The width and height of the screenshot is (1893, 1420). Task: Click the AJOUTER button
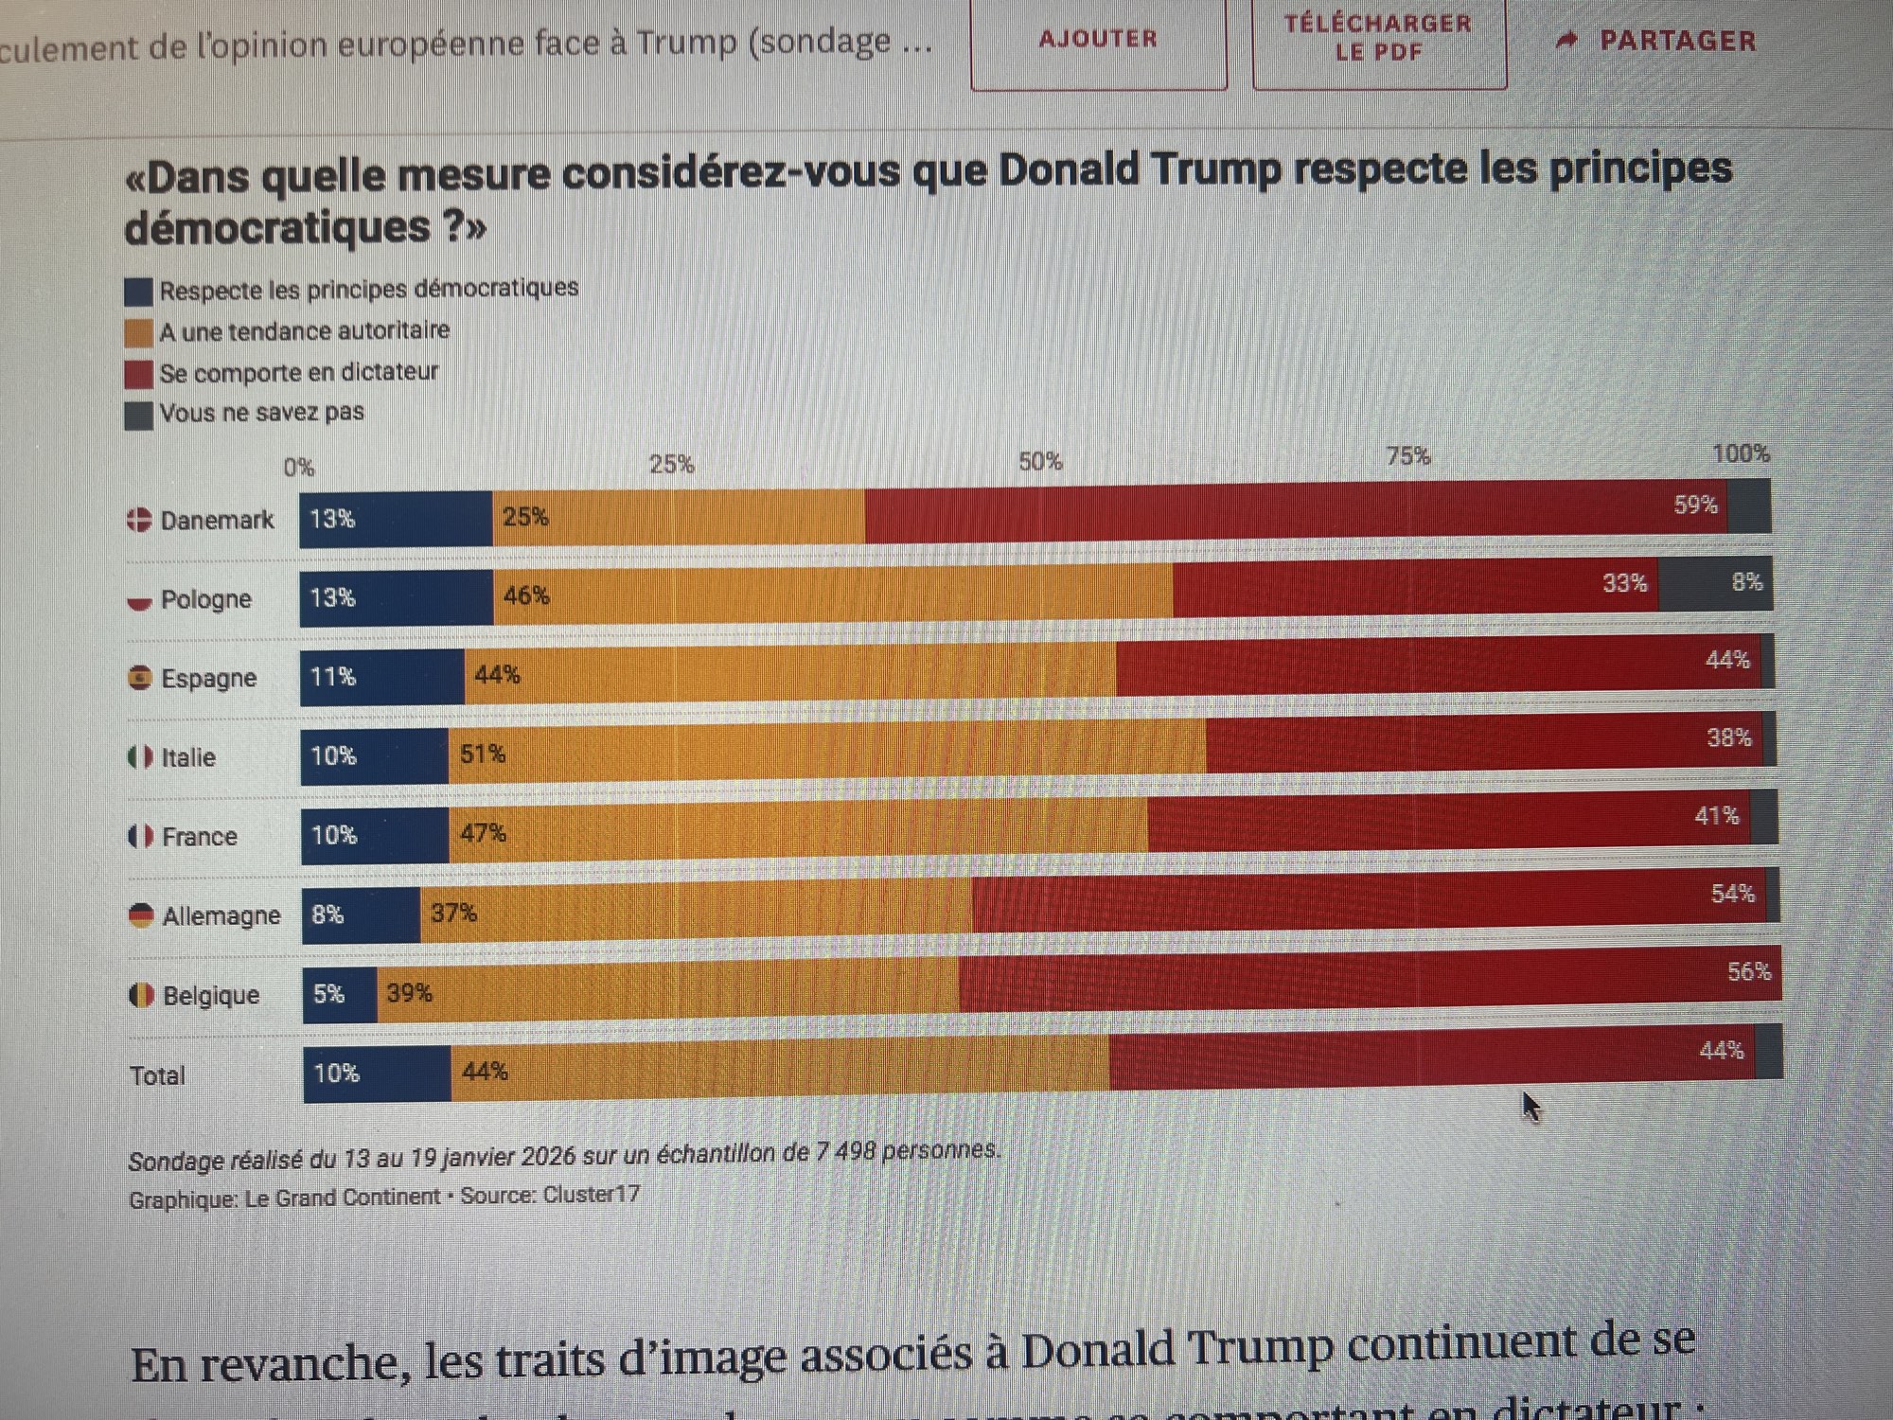[1098, 40]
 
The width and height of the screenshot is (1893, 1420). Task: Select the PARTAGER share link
[1658, 41]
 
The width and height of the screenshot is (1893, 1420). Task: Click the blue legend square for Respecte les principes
[138, 292]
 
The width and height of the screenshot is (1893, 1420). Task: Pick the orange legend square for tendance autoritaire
[138, 333]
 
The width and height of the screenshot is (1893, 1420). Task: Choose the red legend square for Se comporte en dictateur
[138, 374]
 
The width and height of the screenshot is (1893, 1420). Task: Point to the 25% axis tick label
[671, 464]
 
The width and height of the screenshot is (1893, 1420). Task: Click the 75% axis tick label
[1407, 456]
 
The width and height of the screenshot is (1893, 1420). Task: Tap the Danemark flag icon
[139, 520]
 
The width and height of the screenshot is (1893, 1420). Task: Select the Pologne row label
[205, 599]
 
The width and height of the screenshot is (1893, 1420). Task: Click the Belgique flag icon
[141, 995]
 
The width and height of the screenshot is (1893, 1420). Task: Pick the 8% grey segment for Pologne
[1715, 583]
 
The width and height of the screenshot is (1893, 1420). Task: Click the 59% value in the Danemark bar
[1695, 505]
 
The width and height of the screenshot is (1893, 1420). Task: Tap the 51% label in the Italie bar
[483, 754]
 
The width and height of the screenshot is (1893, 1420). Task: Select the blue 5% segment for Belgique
[340, 995]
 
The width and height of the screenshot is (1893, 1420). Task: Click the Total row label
[157, 1075]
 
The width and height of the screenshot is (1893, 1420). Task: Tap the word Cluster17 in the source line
[591, 1195]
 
